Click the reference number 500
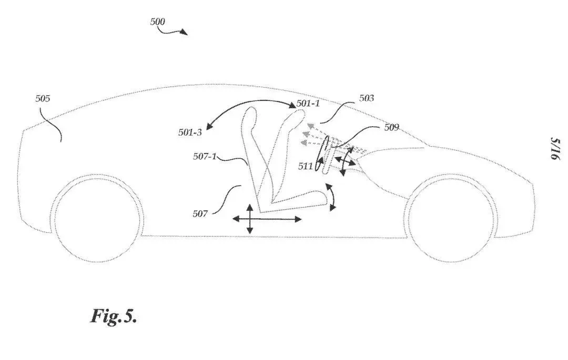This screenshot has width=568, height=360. pos(158,22)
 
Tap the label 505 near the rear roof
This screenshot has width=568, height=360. pos(43,98)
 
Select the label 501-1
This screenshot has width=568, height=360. pos(308,104)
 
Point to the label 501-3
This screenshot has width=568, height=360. pos(190,132)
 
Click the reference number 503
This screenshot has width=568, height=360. pos(366,98)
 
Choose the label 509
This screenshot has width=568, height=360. pos(391,127)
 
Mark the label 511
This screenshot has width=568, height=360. pos(306,166)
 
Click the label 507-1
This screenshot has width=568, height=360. pos(205,156)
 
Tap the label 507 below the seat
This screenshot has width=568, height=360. pos(200,214)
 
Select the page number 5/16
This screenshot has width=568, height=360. pos(555,149)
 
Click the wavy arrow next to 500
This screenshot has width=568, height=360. pos(173,32)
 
